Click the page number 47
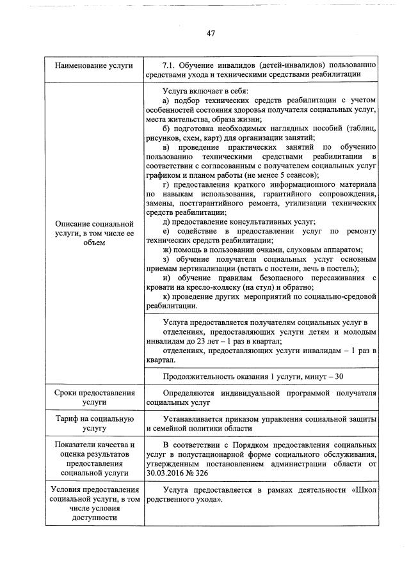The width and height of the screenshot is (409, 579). click(x=210, y=33)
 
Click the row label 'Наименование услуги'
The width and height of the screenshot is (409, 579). click(x=94, y=65)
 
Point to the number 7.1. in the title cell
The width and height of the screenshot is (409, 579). click(x=170, y=65)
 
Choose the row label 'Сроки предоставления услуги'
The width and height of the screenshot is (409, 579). click(x=94, y=397)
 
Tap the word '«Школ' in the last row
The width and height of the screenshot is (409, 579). click(x=363, y=490)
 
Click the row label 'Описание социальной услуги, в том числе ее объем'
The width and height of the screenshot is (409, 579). click(x=94, y=234)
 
